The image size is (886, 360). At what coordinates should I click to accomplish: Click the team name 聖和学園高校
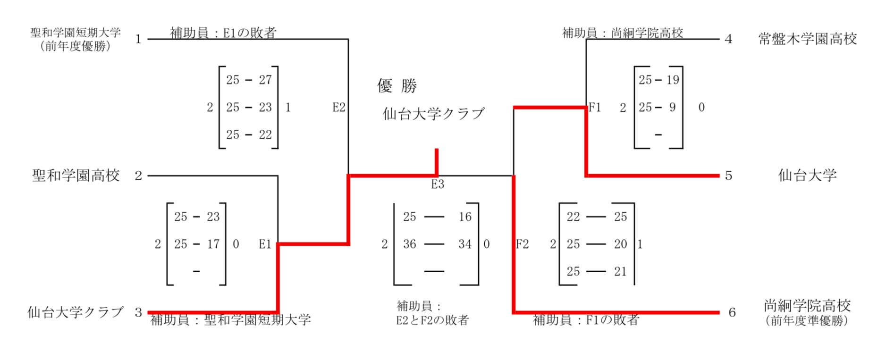(76, 176)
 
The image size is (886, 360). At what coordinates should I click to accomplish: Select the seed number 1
(138, 39)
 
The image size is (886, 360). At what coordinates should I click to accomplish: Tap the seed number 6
(732, 312)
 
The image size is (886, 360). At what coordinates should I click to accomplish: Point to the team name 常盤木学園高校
(807, 39)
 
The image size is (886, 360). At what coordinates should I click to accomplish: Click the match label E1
(265, 244)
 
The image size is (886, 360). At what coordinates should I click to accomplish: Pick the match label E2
(339, 108)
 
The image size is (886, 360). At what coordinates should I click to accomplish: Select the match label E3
(438, 184)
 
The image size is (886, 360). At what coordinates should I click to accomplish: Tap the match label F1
(595, 108)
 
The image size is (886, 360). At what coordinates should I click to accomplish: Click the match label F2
(522, 244)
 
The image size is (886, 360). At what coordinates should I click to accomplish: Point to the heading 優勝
(397, 86)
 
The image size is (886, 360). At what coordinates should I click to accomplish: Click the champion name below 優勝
(433, 114)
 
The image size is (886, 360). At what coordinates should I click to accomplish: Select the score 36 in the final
(409, 244)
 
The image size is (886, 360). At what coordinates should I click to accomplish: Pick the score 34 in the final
(465, 244)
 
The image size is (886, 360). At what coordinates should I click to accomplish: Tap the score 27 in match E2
(265, 80)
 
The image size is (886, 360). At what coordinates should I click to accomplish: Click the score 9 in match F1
(672, 108)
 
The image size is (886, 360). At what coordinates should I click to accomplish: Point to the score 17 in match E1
(213, 244)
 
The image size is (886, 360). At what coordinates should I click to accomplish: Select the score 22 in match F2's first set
(573, 217)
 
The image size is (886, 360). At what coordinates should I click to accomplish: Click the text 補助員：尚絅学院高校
(622, 33)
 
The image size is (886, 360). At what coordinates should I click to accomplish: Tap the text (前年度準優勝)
(807, 321)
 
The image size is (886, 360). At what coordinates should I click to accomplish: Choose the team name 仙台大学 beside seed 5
(807, 176)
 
